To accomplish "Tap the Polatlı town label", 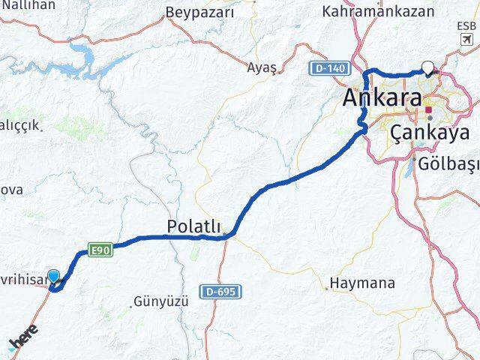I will click(194, 226).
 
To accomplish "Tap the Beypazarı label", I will click(200, 13).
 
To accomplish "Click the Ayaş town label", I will click(262, 67).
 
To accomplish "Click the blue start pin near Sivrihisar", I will click(53, 277).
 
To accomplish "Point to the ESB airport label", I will click(466, 25).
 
